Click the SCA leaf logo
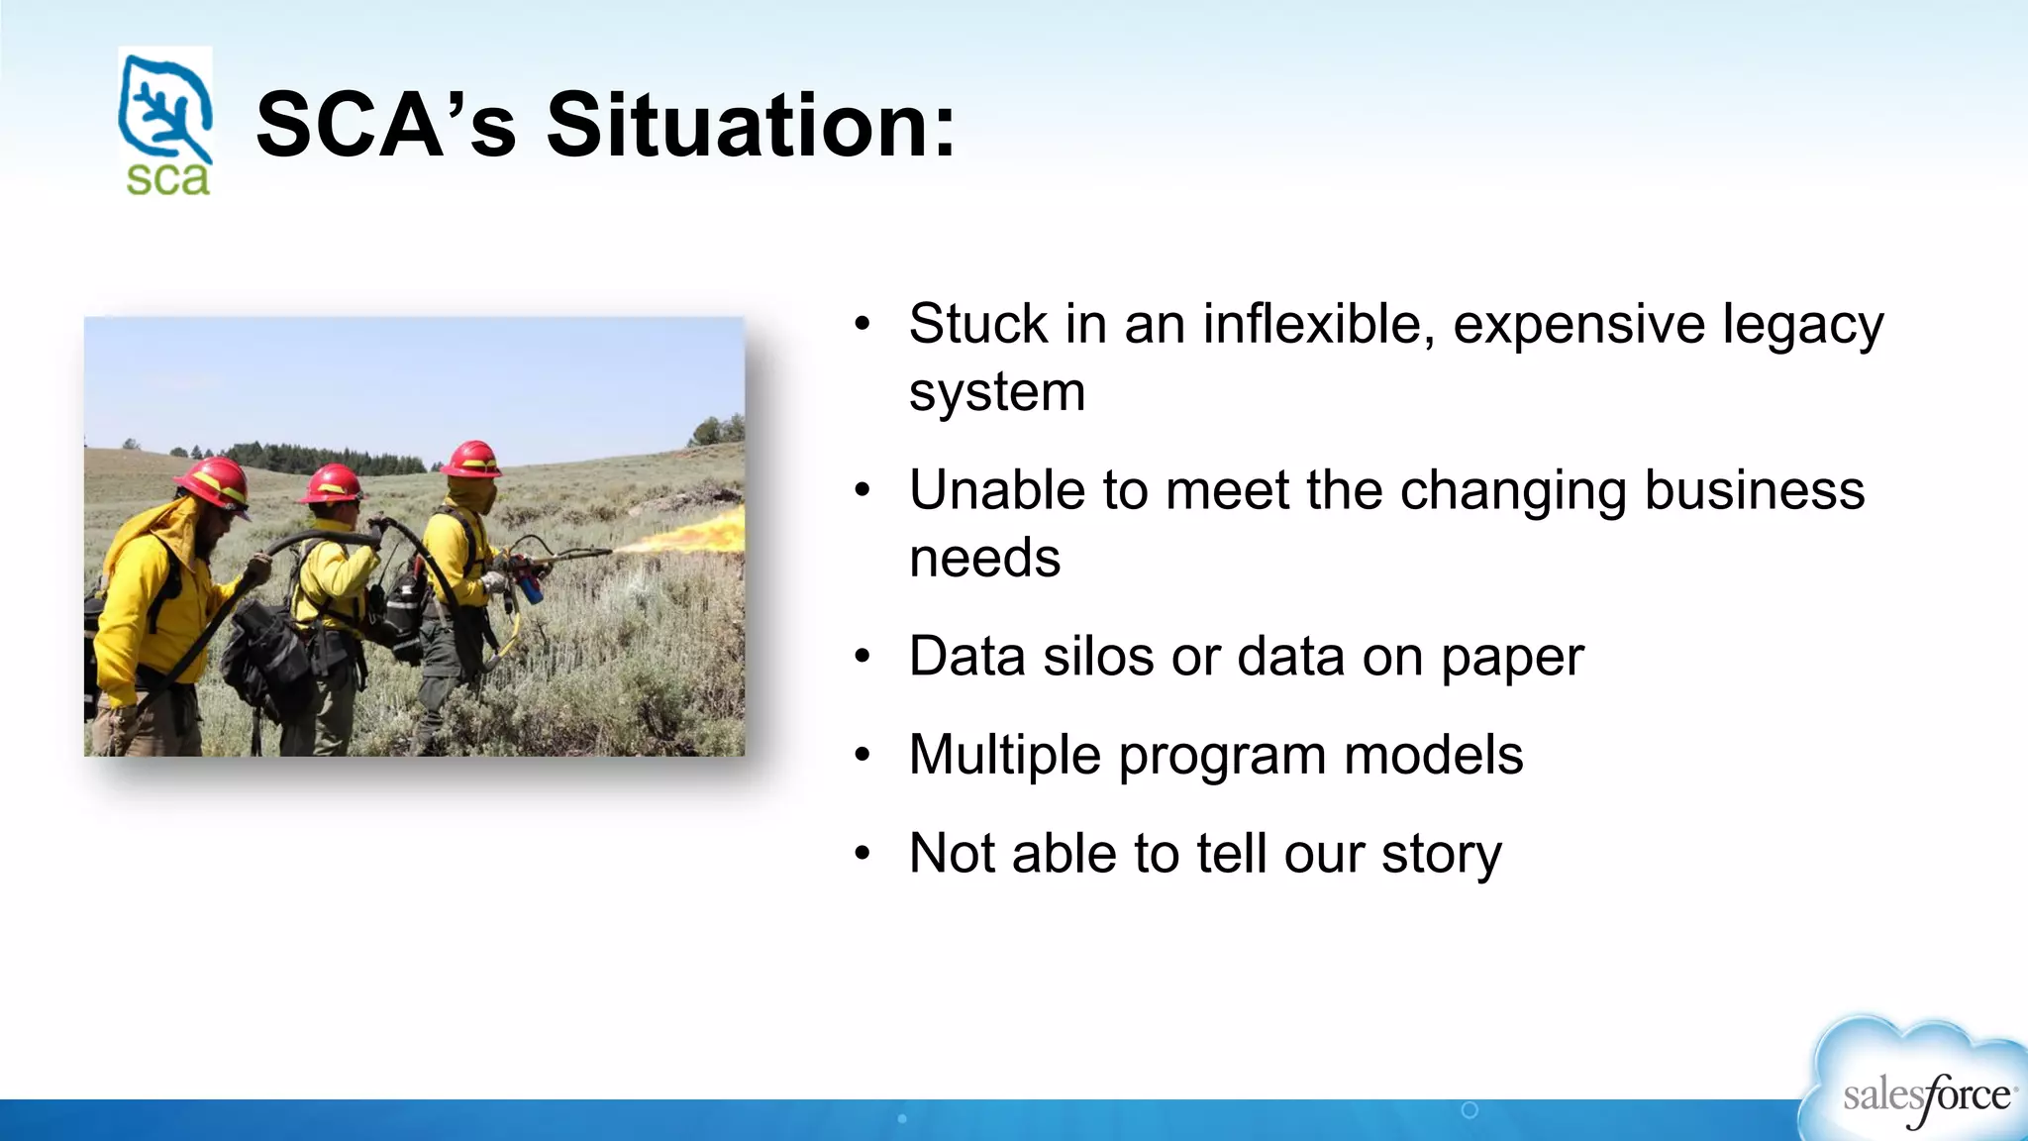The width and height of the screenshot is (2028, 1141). (x=164, y=109)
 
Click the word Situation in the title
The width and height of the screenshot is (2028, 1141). (x=751, y=126)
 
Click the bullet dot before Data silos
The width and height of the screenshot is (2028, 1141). (x=862, y=657)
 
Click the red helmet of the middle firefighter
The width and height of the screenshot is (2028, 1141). (x=333, y=483)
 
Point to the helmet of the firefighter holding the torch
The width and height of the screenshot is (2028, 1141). (x=472, y=460)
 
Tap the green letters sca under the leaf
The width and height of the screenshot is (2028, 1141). (x=167, y=178)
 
